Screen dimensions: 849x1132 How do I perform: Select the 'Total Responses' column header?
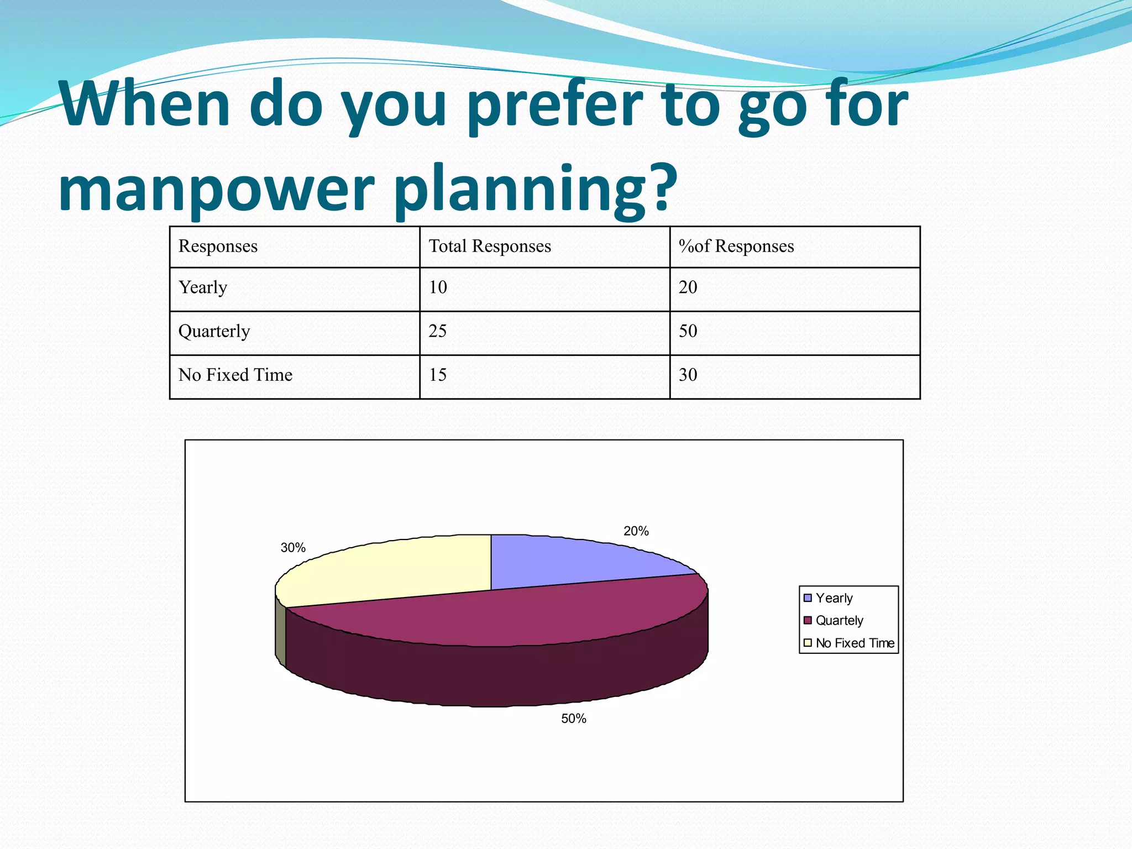coord(490,246)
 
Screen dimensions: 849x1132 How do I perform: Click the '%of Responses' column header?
coord(736,246)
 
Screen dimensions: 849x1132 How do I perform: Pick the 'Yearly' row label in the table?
coord(203,287)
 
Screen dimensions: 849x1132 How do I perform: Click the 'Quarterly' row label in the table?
coord(214,331)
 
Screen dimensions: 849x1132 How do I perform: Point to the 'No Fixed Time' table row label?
coord(235,375)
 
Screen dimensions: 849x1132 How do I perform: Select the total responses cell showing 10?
coord(438,287)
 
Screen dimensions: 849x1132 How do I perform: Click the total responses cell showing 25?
coord(438,331)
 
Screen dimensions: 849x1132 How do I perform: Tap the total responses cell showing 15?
coord(438,375)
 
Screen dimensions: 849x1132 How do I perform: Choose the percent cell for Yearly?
coord(688,287)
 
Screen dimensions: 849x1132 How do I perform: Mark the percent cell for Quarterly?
coord(688,331)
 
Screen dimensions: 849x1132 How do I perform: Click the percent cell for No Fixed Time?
coord(688,375)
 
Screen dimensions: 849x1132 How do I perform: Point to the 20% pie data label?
coord(636,531)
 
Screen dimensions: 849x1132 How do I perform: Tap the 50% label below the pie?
coord(574,719)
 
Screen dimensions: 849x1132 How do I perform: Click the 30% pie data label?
coord(293,548)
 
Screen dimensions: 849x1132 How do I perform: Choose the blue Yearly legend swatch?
coord(808,598)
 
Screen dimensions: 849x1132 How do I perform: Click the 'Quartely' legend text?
coord(839,621)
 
